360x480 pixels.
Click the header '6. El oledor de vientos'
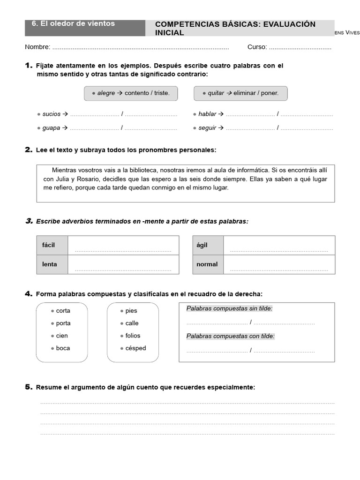tap(73, 23)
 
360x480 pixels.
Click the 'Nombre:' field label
tap(37, 47)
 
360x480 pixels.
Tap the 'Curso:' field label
tap(257, 47)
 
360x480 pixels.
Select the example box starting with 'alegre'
tap(131, 93)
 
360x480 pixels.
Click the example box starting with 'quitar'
tap(240, 93)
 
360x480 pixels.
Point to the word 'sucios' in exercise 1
tap(52, 114)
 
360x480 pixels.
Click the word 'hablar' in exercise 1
tap(207, 114)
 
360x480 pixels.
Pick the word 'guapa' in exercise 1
tap(51, 127)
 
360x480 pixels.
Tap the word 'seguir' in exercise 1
tap(207, 127)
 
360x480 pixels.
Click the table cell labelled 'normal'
tap(207, 264)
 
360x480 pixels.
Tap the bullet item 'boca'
tap(63, 348)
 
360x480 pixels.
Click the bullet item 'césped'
tap(135, 348)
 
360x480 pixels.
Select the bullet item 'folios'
tap(133, 336)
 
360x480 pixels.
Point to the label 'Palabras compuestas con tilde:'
tap(231, 336)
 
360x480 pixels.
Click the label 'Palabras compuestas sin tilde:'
tap(229, 308)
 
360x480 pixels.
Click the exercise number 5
tap(28, 387)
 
